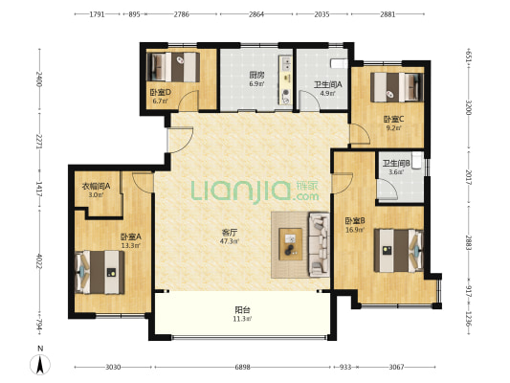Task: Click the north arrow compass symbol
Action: point(40,365)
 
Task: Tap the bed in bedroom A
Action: point(100,272)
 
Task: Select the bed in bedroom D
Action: point(173,67)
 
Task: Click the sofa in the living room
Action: point(319,244)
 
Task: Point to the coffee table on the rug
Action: point(291,244)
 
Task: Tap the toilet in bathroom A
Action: point(340,63)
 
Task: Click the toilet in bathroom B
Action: point(417,160)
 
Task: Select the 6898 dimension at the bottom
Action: point(243,367)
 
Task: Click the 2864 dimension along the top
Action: point(256,14)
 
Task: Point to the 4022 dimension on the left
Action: point(39,261)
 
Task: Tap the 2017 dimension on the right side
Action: point(469,177)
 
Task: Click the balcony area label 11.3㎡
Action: point(242,319)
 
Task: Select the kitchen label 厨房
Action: point(257,76)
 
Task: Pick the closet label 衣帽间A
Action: point(96,186)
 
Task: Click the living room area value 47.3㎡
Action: point(230,241)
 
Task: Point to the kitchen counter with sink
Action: point(285,80)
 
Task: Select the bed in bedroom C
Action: point(397,87)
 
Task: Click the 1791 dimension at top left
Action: point(97,14)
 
